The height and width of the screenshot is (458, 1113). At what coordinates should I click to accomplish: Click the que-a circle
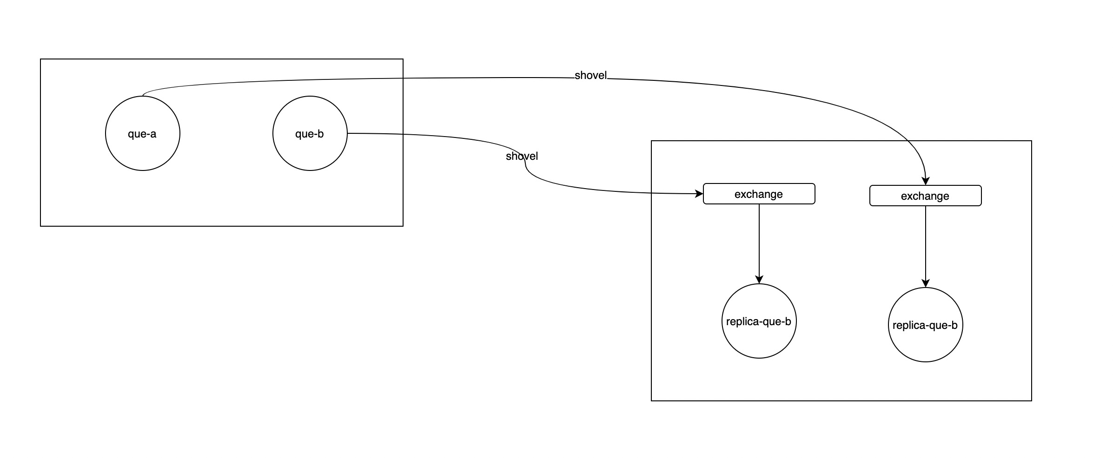point(142,133)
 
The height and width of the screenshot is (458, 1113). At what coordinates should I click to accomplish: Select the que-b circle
point(310,133)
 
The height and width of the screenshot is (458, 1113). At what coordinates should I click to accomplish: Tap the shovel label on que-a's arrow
point(590,75)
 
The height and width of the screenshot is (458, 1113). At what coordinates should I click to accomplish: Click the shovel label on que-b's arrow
point(522,156)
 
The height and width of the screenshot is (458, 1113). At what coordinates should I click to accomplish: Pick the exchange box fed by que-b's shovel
point(759,194)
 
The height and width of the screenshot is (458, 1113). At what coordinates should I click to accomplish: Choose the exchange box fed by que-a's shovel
point(925,196)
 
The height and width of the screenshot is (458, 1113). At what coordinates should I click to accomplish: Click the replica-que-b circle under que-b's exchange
point(759,321)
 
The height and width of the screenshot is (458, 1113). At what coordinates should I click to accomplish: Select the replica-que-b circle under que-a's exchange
point(925,325)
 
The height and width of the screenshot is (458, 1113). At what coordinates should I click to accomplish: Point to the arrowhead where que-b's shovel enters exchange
point(699,194)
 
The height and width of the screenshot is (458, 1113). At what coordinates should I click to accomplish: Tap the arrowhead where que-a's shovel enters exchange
point(925,181)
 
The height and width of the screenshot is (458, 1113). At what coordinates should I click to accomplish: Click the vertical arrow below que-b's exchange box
point(759,242)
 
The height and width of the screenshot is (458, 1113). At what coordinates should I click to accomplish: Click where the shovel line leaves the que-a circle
point(143,95)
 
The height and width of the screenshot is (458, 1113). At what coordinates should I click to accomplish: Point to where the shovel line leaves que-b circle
point(348,133)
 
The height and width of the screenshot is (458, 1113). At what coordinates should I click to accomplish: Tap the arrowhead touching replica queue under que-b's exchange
point(759,280)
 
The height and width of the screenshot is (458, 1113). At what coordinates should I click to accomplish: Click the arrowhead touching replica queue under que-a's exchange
point(925,283)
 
